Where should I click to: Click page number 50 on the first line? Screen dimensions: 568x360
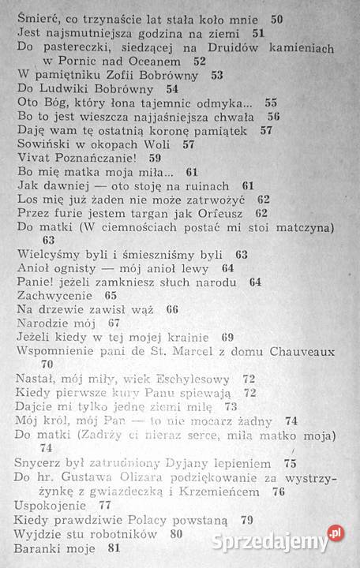(x=277, y=17)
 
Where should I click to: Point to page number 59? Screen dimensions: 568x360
(x=155, y=157)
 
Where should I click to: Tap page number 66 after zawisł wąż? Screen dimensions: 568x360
(x=173, y=309)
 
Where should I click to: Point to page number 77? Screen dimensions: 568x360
(x=105, y=504)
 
